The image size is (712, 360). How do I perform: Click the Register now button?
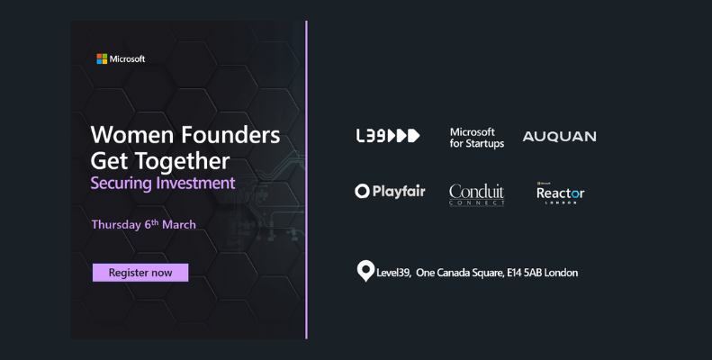click(x=140, y=273)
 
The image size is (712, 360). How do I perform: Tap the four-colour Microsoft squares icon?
click(x=102, y=59)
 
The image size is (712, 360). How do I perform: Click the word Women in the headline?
click(x=131, y=135)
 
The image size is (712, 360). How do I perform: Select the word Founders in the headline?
click(x=230, y=135)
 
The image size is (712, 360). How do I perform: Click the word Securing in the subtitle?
click(x=121, y=184)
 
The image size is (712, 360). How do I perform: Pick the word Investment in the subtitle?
click(x=195, y=183)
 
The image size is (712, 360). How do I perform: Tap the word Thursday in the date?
click(x=116, y=225)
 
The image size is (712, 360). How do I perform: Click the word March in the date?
click(x=179, y=224)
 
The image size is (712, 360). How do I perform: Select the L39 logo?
click(x=388, y=136)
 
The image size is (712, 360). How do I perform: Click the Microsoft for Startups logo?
click(x=477, y=138)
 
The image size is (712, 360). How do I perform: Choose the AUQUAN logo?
click(x=560, y=137)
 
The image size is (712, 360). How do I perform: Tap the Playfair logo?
click(x=390, y=191)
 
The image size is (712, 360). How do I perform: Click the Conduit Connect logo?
click(x=477, y=194)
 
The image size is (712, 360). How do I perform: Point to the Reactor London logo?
click(x=561, y=193)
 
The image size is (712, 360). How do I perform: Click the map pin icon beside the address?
click(x=365, y=270)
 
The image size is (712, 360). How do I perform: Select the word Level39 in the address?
click(x=393, y=273)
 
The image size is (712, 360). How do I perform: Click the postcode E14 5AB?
click(x=524, y=273)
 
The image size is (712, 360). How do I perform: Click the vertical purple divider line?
click(x=307, y=180)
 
